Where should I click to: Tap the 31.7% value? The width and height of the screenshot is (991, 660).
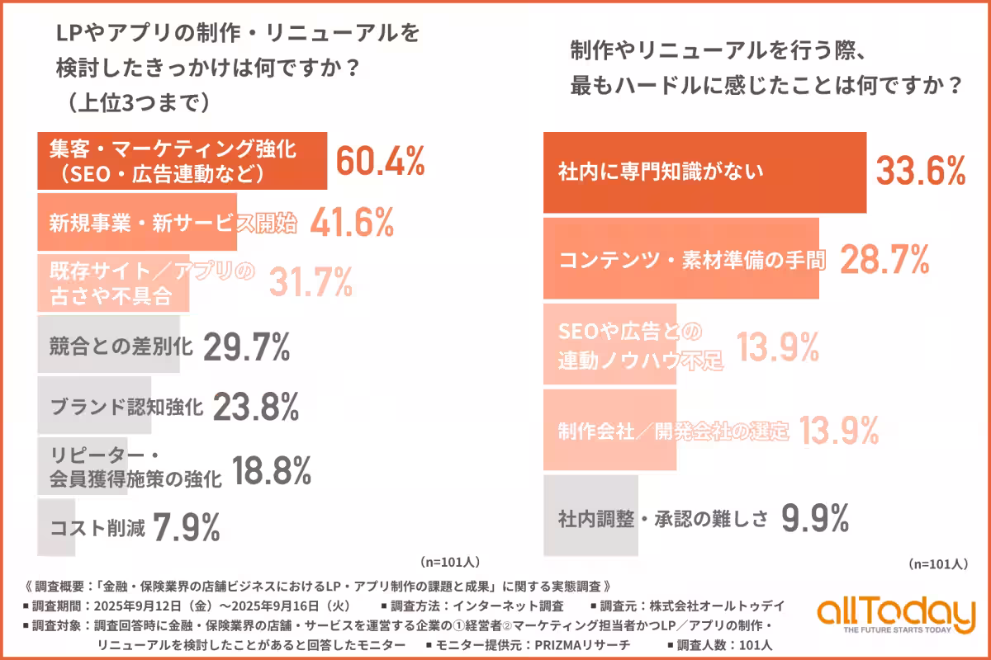coord(311,283)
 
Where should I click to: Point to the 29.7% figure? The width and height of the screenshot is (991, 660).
coord(246,347)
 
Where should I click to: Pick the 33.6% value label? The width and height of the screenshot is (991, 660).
coord(921,172)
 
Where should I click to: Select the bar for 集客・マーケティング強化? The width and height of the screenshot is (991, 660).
coord(182,161)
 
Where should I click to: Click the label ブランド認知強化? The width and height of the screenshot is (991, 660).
coord(126,407)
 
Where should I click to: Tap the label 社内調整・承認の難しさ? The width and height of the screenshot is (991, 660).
coord(663,518)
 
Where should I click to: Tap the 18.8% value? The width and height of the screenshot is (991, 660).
coord(272,470)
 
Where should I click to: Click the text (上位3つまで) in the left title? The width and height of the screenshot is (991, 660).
coord(132,102)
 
